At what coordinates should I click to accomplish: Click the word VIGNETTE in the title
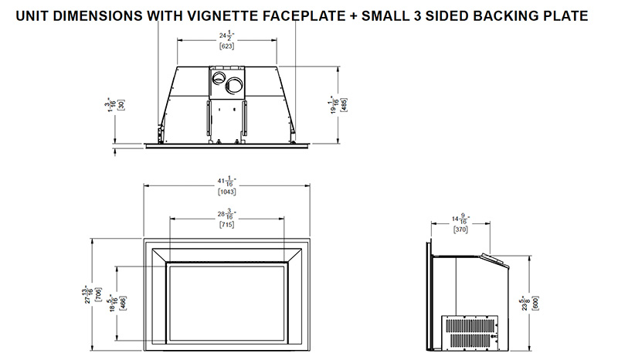coord(222,15)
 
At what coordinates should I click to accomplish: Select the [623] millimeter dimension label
coord(226,46)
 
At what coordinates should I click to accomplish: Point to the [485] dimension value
coord(344,105)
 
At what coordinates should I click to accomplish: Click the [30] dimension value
coord(121,105)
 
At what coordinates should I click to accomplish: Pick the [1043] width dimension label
coord(226,192)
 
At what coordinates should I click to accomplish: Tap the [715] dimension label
coord(226,225)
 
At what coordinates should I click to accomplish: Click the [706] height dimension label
coord(98,295)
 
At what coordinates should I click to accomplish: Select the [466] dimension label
coord(123,302)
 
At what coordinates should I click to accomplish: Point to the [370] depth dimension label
coord(460,229)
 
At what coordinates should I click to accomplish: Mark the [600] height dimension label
coord(535,303)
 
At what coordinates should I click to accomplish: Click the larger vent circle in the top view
coord(235,85)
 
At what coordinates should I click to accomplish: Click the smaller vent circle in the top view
coord(218,78)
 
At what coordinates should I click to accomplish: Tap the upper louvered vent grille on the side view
coord(471,325)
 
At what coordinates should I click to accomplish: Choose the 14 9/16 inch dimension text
coord(460,219)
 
